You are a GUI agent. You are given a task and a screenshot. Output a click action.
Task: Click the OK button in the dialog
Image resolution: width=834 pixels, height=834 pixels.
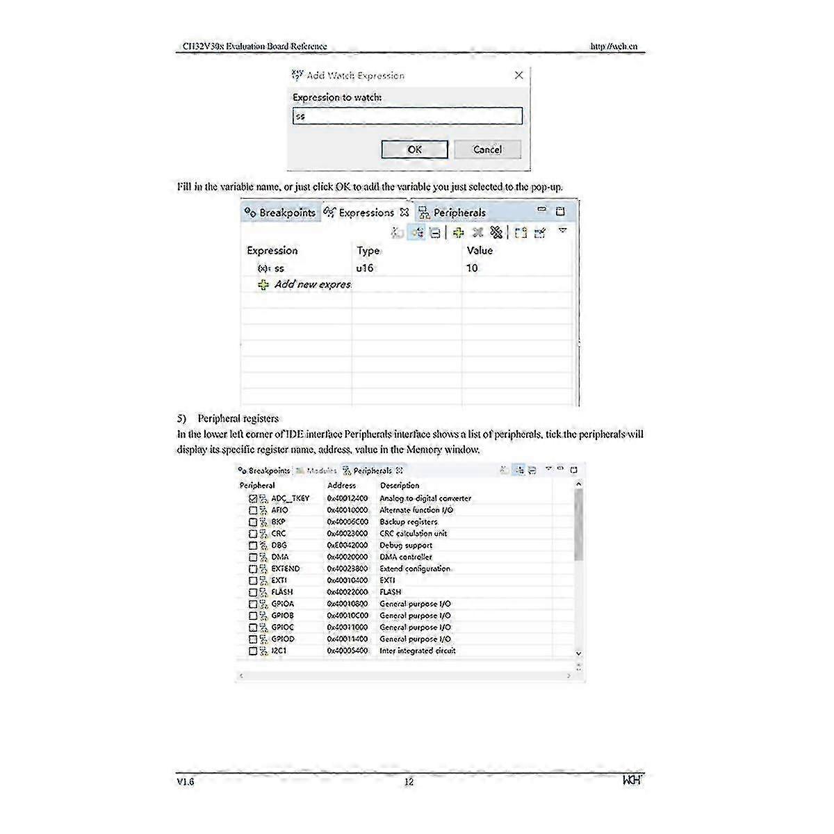click(414, 149)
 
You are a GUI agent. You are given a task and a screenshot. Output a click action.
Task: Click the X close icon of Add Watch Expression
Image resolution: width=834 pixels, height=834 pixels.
click(518, 75)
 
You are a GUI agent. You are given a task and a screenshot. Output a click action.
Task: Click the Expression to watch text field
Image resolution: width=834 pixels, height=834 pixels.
click(407, 116)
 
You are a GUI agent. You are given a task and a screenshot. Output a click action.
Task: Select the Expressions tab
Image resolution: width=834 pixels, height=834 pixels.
click(366, 213)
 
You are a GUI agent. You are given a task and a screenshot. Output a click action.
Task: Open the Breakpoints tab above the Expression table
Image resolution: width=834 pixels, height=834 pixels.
click(281, 213)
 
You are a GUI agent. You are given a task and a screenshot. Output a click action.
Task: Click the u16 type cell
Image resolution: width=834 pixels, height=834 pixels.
click(365, 268)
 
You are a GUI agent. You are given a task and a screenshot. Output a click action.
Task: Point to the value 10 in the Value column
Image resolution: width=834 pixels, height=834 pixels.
click(472, 268)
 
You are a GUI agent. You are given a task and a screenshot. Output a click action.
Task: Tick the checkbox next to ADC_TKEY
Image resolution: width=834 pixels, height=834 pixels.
click(253, 498)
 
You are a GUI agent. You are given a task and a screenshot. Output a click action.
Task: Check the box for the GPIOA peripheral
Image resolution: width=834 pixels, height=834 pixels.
click(253, 604)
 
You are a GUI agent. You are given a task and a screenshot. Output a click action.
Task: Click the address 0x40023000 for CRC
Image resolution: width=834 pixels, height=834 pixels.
click(347, 534)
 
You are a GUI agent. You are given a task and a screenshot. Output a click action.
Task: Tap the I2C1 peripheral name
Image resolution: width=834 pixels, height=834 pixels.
click(279, 651)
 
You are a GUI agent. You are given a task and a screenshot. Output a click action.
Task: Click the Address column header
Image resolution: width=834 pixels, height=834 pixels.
click(341, 485)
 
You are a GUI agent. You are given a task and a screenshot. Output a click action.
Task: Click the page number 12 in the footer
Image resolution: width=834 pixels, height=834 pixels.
click(409, 782)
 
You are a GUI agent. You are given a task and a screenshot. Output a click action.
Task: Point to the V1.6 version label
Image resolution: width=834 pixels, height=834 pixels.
click(186, 782)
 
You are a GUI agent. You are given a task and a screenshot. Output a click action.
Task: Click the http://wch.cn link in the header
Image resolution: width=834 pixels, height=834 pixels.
click(614, 47)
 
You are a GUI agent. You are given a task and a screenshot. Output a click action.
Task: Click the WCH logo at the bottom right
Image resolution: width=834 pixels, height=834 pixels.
click(632, 780)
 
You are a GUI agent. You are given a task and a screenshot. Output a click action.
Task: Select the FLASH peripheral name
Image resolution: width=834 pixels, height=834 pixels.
click(282, 592)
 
